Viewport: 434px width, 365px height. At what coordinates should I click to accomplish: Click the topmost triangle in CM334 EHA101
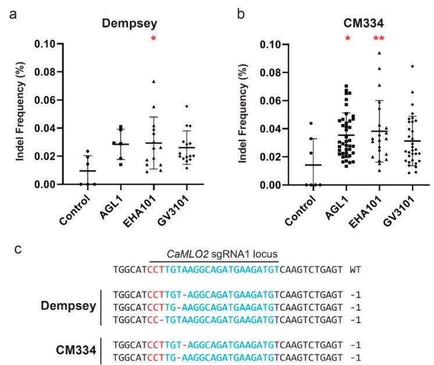379,53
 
